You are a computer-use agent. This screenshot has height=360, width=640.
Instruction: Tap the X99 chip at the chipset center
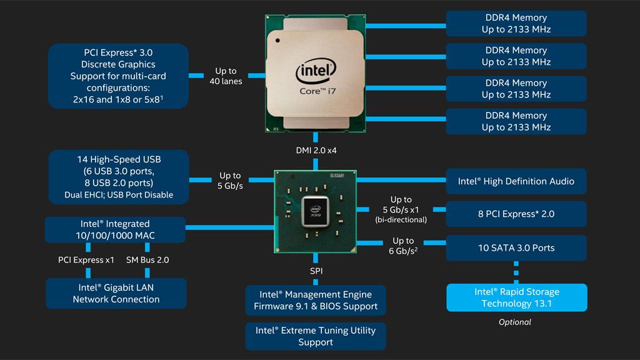(x=316, y=211)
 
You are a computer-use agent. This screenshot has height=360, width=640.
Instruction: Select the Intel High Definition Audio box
(x=516, y=181)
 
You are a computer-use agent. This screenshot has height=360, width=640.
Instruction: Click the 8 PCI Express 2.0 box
(x=516, y=214)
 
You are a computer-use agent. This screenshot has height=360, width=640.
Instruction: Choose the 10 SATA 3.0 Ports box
(x=516, y=247)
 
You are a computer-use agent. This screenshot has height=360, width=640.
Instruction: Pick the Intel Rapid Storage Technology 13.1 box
(x=516, y=297)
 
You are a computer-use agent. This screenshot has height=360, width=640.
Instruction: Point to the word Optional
(x=515, y=322)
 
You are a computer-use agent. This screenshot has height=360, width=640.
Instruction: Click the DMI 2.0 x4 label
(x=316, y=150)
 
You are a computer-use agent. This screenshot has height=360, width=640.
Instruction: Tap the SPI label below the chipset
(x=316, y=271)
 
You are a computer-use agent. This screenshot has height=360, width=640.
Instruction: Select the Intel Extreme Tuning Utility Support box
(x=316, y=336)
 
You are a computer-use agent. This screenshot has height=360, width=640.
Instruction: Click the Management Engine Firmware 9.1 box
(x=316, y=301)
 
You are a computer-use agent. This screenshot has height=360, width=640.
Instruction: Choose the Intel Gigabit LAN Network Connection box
(x=116, y=293)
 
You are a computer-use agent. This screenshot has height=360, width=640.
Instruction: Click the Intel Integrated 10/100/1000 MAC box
(x=116, y=229)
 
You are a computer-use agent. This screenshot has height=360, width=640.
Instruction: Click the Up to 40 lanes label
(x=226, y=76)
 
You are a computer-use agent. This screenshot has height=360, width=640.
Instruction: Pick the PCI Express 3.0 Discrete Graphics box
(x=118, y=76)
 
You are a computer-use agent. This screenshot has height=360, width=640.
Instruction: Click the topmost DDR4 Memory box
(x=516, y=23)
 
